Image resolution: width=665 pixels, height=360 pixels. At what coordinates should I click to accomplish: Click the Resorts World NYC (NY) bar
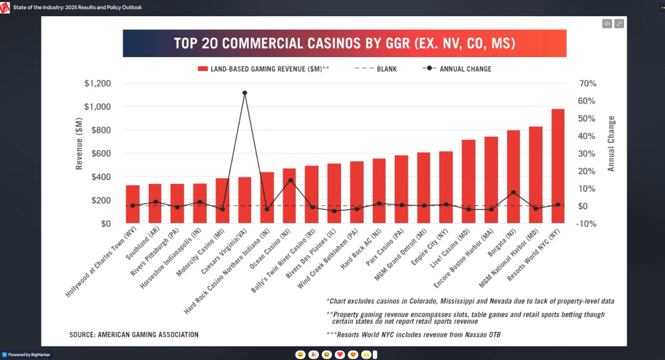pyautogui.click(x=558, y=166)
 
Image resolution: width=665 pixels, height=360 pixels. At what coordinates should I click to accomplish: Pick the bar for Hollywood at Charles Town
pyautogui.click(x=132, y=204)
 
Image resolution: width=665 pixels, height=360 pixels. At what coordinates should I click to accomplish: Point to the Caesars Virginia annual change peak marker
pyautogui.click(x=245, y=93)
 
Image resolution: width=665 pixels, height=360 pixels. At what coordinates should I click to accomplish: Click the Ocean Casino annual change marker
pyautogui.click(x=290, y=180)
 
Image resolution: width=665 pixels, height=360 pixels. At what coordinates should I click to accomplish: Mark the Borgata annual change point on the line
pyautogui.click(x=513, y=192)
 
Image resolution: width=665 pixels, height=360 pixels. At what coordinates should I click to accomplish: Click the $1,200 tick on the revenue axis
pyautogui.click(x=97, y=83)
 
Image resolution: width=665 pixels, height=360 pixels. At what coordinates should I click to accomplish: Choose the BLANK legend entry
pyautogui.click(x=376, y=69)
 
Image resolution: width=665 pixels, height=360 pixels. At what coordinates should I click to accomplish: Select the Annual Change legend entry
pyautogui.click(x=457, y=69)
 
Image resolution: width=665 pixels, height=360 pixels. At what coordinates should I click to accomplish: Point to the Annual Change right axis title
pyautogui.click(x=610, y=144)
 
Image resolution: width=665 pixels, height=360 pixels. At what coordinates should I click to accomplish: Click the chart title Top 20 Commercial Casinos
pyautogui.click(x=345, y=44)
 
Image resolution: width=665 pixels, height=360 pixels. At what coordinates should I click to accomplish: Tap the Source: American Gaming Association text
pyautogui.click(x=134, y=335)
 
